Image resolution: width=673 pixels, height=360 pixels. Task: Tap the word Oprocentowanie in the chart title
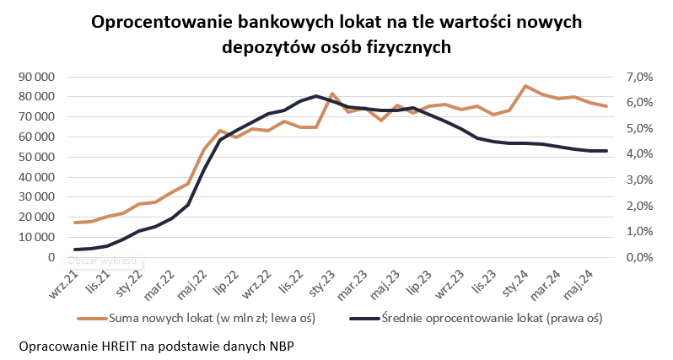(159, 21)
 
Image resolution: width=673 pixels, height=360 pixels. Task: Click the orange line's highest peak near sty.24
(525, 86)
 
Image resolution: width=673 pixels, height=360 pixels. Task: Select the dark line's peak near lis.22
(315, 96)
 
